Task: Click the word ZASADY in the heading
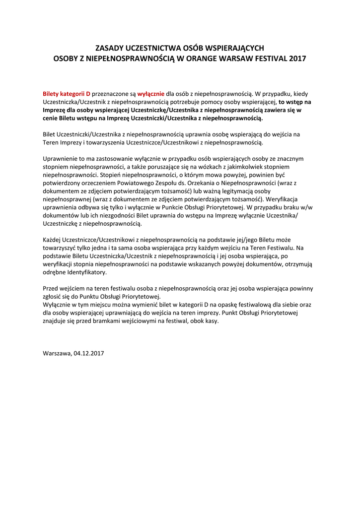tap(110, 48)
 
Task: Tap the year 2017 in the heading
tap(296, 59)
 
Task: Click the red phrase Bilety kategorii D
tap(67, 93)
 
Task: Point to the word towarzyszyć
tap(62, 248)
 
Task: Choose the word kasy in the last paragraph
tap(212, 321)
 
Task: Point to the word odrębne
tap(56, 272)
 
